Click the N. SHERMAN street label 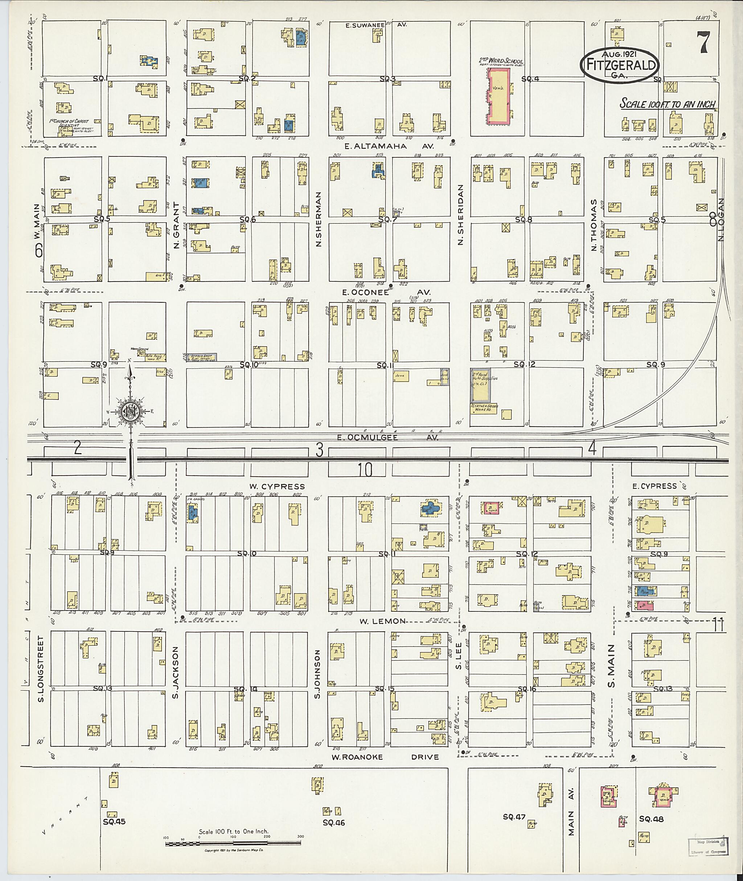click(319, 219)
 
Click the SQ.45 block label click(114, 821)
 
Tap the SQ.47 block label click(514, 817)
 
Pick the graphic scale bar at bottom click(233, 844)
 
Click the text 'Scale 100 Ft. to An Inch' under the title click(667, 104)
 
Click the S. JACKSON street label click(176, 672)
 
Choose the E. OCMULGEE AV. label click(387, 437)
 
